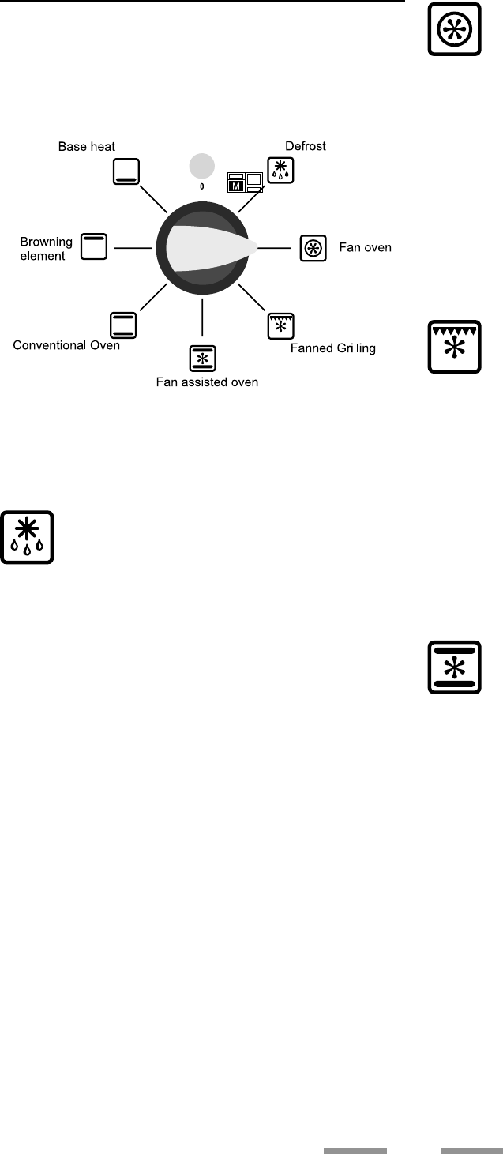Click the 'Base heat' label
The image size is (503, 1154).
coord(88,147)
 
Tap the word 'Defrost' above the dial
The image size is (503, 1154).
coord(306,146)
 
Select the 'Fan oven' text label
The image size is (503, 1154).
coord(365,248)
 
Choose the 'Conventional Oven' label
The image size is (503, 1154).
coord(66,345)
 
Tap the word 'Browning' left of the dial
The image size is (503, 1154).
coord(47,241)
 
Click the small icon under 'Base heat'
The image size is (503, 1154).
coord(126,171)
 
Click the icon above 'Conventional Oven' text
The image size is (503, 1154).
coord(123,325)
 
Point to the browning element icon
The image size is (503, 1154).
coord(96,246)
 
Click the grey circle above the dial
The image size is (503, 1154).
coord(202,166)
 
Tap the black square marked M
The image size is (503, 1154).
coord(235,186)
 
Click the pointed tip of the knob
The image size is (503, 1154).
coord(254,247)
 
